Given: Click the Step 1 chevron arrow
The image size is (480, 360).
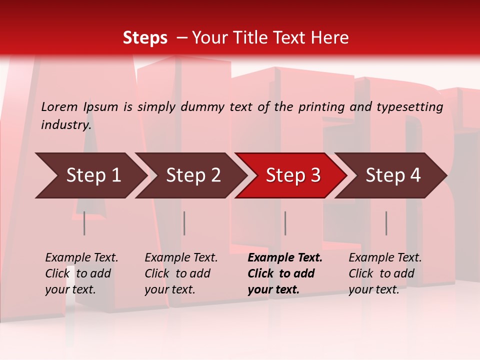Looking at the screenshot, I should coord(90,175).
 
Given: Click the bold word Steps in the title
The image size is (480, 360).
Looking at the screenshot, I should coord(145,37).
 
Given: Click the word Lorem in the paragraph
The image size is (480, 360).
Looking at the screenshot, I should coord(59,106).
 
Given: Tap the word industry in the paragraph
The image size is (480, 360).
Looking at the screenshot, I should coord(66,124).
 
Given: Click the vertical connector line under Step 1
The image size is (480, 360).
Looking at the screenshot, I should coord(84,223).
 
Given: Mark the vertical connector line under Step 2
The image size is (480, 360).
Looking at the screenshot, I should coord(184,223).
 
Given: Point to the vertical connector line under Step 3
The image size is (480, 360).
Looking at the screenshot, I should coord(285,223).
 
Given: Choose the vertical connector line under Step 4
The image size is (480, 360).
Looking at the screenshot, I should coord(386,223).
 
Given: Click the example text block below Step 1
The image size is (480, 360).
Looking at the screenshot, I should coord(81,273).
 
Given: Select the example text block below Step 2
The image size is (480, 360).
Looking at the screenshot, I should coord(181,273).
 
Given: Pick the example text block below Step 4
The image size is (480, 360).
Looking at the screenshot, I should coord(385,273).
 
